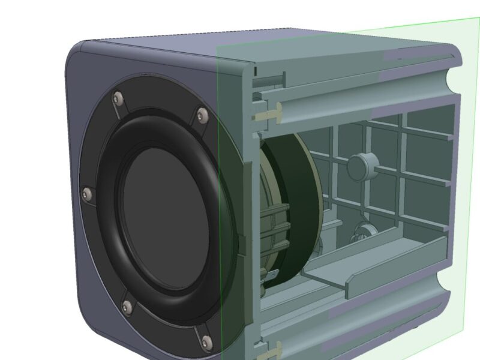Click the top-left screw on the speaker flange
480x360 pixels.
click(x=117, y=97)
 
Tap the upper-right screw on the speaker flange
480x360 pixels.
click(x=202, y=114)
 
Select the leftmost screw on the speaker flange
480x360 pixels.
click(x=87, y=194)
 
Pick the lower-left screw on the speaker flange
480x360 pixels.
click(x=127, y=308)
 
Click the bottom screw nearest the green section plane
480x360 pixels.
click(x=206, y=342)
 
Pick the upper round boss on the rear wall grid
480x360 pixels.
click(x=362, y=165)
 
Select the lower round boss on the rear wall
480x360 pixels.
click(x=363, y=231)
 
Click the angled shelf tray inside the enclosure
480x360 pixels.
click(x=384, y=264)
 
